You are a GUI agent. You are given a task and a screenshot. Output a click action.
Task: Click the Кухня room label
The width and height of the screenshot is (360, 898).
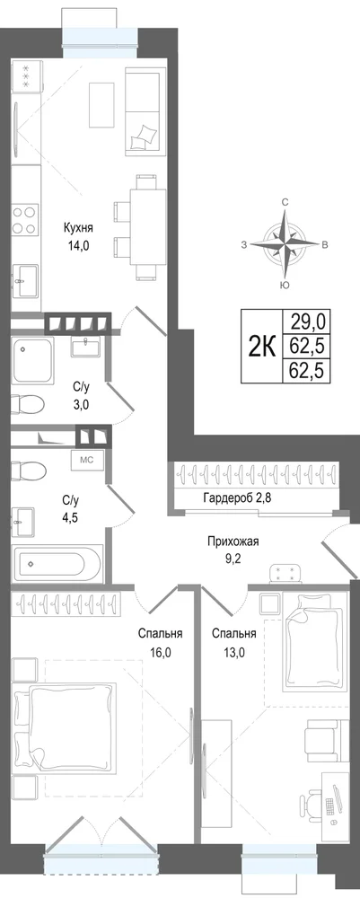coord(78,228)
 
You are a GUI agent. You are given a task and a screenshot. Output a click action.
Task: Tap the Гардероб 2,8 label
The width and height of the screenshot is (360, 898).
coord(236,497)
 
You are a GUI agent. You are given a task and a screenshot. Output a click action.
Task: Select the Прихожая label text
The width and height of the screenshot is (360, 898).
coord(229,541)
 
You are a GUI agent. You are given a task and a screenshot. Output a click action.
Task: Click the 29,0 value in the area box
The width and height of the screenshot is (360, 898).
coord(307,322)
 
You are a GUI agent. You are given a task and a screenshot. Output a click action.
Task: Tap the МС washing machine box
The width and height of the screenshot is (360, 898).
coord(87,459)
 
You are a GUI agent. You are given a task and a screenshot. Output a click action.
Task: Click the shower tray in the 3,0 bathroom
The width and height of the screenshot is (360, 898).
coord(33,360)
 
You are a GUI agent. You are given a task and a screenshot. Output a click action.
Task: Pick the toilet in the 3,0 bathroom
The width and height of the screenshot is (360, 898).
coord(28,404)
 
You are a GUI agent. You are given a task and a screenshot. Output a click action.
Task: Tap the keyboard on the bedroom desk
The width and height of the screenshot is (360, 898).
coord(330,806)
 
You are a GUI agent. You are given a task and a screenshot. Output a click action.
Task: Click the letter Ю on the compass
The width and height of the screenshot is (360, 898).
coord(284,286)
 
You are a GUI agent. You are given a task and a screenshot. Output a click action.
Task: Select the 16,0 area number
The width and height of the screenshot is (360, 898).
coord(161,651)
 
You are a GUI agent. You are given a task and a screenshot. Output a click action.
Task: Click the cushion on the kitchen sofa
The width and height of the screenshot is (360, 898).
coord(143,136)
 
